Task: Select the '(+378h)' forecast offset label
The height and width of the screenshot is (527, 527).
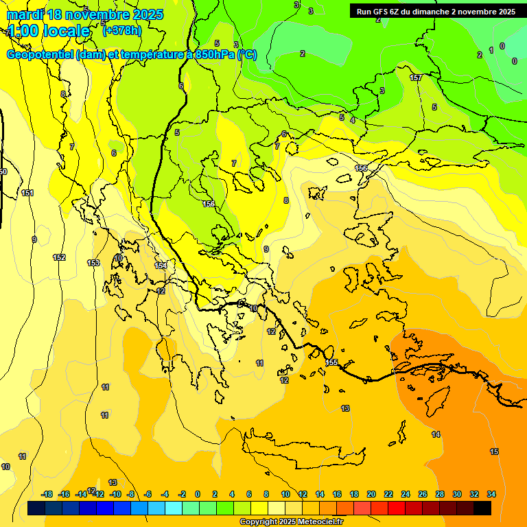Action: [122, 30]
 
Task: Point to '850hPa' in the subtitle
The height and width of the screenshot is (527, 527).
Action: [213, 55]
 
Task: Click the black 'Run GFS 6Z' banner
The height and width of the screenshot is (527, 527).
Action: [436, 12]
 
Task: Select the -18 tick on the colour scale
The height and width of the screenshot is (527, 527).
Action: [47, 494]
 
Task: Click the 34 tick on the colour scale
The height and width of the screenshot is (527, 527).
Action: [491, 494]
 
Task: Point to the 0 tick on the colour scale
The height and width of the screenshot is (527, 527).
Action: [198, 494]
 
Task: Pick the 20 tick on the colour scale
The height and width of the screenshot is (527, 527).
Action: [371, 494]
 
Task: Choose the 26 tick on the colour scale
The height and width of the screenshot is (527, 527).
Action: [423, 494]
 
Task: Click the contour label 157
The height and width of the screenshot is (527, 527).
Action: [416, 78]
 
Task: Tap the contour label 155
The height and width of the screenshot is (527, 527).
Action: [331, 362]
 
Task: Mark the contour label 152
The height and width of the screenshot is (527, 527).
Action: [59, 257]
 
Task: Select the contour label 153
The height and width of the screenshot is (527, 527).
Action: [93, 263]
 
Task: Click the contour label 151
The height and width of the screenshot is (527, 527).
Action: [27, 194]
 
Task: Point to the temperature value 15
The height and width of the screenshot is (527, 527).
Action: [494, 452]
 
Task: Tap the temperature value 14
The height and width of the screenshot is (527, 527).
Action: [436, 434]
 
